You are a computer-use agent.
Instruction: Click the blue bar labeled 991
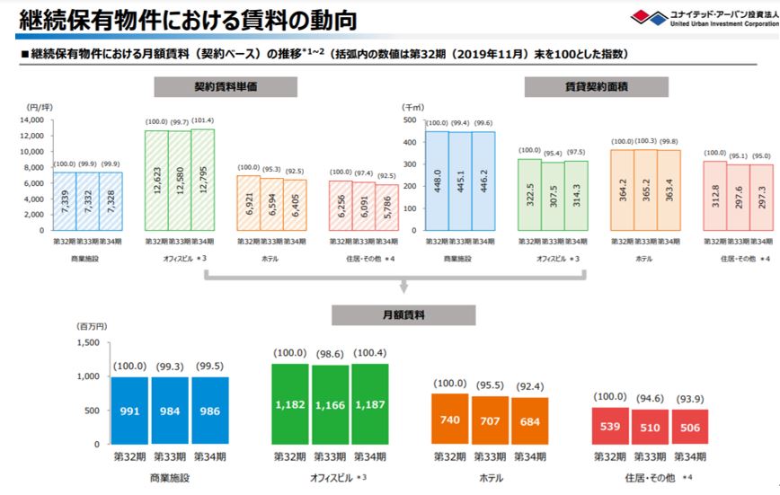click(129, 411)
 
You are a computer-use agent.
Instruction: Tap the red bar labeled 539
click(609, 427)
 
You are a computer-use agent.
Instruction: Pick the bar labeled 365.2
click(643, 190)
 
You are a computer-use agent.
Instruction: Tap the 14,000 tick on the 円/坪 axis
click(31, 119)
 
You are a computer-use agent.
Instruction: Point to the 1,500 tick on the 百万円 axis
click(86, 341)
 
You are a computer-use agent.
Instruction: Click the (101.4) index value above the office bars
click(203, 121)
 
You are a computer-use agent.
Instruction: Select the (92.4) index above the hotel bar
click(528, 385)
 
